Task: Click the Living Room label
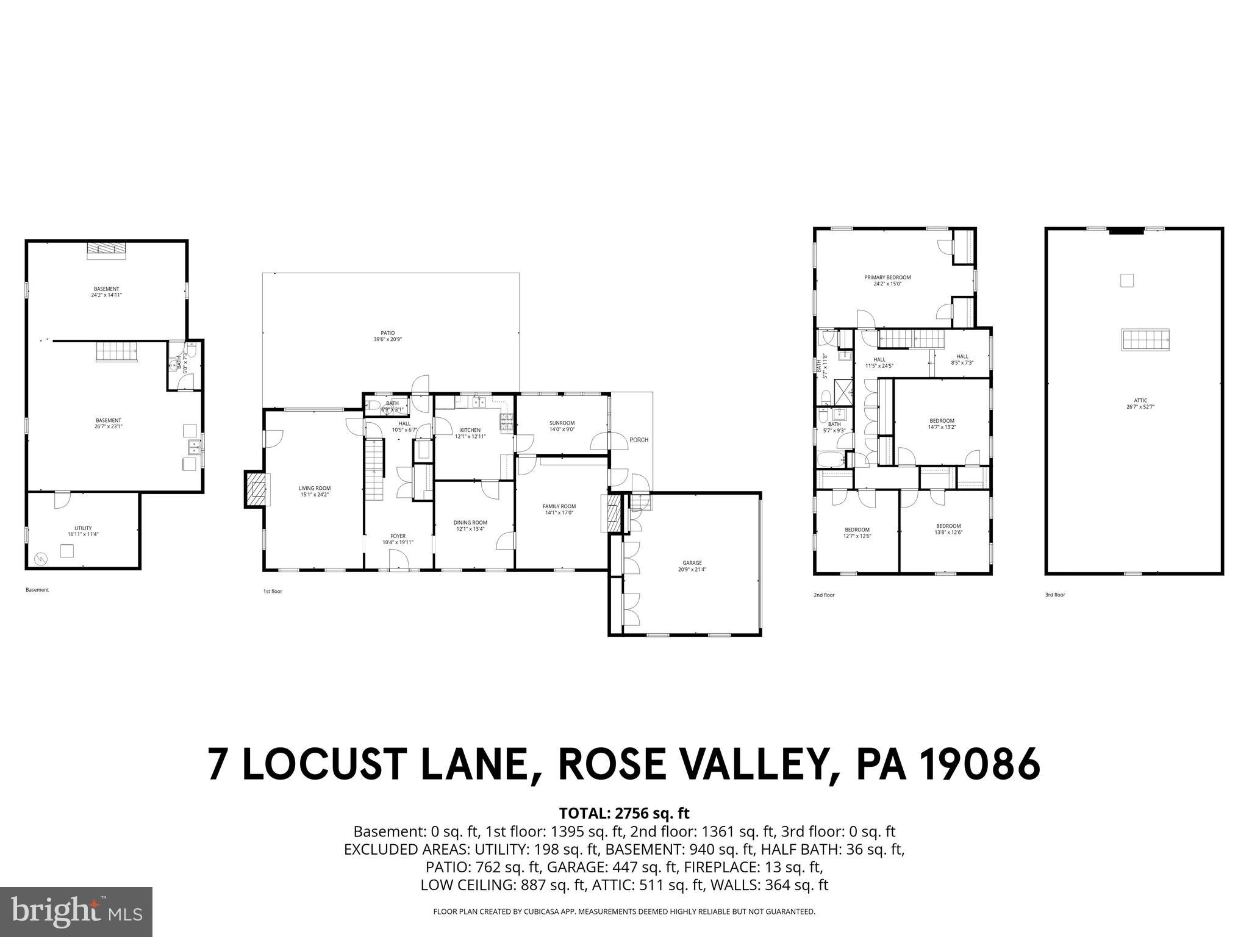(315, 491)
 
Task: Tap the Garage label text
(692, 565)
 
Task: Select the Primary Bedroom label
(895, 280)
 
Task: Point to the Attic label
(1140, 403)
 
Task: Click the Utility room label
(83, 531)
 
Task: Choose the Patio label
(387, 336)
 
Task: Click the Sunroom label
(562, 426)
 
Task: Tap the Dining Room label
(470, 525)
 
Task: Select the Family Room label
(559, 509)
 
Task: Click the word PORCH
(639, 440)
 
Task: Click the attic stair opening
(1145, 339)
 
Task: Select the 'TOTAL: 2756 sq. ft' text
(624, 813)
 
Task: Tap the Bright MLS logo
(76, 911)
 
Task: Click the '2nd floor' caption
(824, 595)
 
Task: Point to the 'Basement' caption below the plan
(37, 590)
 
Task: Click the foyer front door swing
(399, 558)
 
